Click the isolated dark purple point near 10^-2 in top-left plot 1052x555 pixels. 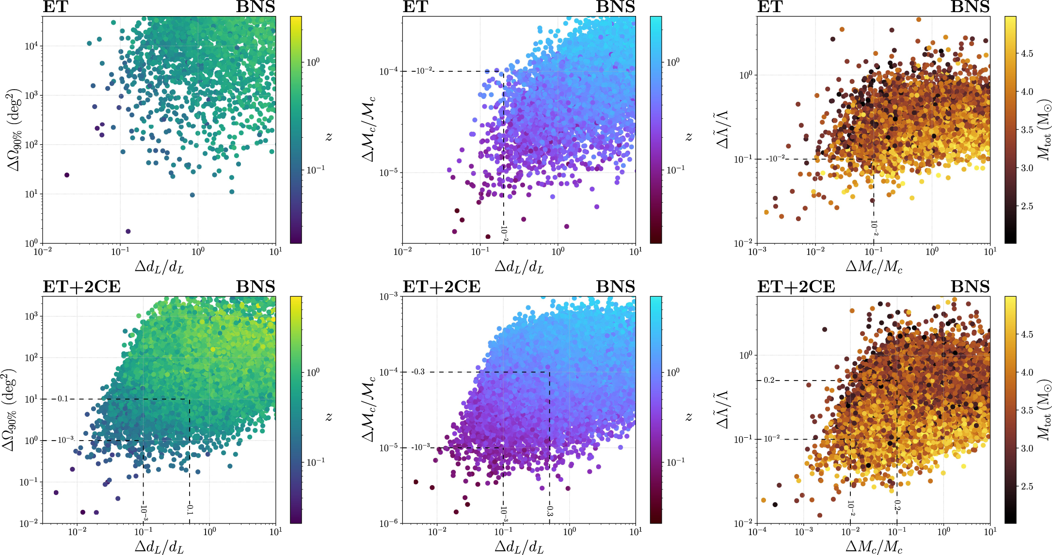click(67, 175)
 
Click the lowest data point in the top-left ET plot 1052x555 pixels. click(128, 231)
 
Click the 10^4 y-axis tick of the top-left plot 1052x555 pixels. click(32, 47)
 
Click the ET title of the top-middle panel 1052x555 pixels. click(415, 7)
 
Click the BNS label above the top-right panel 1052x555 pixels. click(970, 7)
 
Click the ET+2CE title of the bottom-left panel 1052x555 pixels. click(81, 287)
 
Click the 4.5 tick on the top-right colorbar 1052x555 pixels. click(1027, 54)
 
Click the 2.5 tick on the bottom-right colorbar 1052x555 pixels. click(1027, 487)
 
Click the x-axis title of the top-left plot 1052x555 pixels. click(159, 267)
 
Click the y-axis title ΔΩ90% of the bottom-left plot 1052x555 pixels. click(11, 410)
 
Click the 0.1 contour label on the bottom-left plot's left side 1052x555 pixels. click(63, 399)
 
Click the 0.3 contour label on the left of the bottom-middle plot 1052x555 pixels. click(418, 372)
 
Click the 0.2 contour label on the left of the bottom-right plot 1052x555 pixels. click(769, 380)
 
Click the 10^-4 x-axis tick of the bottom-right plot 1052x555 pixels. click(757, 532)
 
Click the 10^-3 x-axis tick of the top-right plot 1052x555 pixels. click(757, 252)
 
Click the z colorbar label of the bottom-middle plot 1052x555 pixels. click(689, 417)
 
